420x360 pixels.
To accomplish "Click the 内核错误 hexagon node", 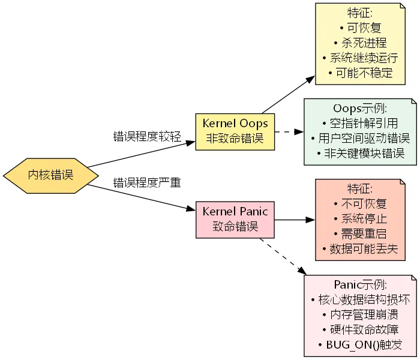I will click(51, 175).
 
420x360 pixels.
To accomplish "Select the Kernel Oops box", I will click(235, 131).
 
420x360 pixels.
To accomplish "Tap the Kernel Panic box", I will click(235, 219).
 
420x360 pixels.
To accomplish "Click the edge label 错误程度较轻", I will click(147, 136).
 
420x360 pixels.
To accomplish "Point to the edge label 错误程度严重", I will click(147, 182).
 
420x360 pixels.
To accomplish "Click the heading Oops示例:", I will click(360, 109).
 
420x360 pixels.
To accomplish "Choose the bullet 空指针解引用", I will click(360, 124).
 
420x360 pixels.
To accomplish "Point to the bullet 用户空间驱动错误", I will click(360, 139).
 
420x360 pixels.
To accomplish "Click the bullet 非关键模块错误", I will click(360, 154).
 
